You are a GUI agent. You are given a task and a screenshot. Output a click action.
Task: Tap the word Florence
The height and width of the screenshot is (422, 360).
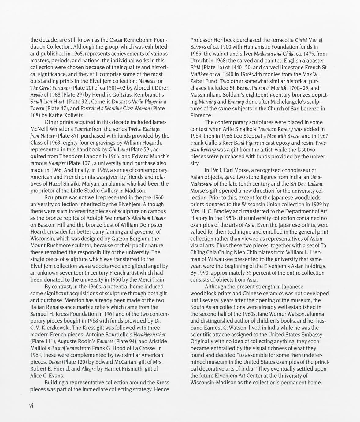201,115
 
